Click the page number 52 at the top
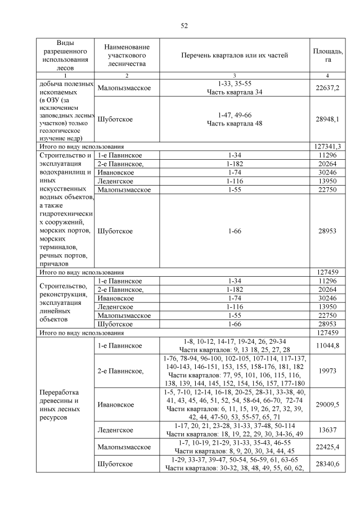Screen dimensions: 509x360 pos(183,25)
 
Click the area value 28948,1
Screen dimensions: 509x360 pos(327,120)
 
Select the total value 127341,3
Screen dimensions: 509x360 pos(327,146)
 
